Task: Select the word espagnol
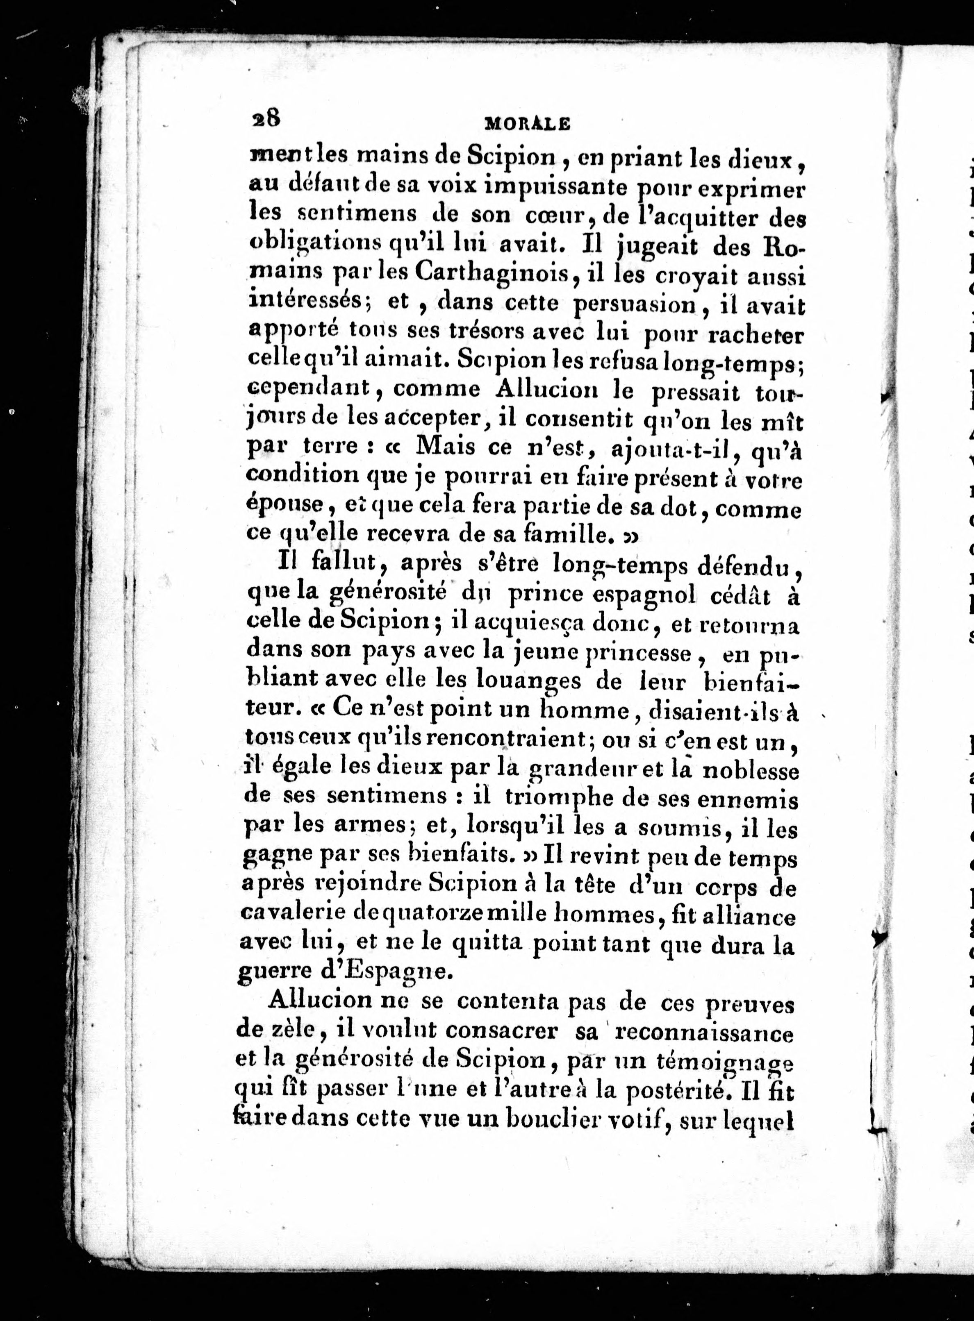[643, 596]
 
